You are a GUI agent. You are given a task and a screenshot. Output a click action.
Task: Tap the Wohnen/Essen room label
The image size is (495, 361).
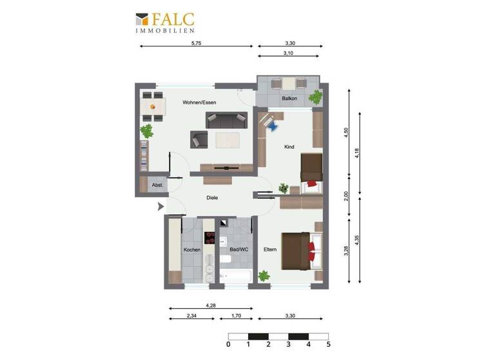[199, 102]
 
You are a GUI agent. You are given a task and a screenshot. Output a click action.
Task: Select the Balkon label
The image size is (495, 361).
[289, 99]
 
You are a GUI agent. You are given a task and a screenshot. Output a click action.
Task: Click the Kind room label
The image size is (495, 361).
[289, 147]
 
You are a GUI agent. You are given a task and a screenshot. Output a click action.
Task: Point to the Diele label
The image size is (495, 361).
[212, 198]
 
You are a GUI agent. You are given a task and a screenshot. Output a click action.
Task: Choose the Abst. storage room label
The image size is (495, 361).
[157, 186]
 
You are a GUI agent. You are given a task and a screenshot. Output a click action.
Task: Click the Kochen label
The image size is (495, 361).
[192, 249]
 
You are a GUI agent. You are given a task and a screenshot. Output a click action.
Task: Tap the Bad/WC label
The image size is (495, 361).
[238, 249]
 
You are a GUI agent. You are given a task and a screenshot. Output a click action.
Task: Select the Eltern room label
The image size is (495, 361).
[270, 249]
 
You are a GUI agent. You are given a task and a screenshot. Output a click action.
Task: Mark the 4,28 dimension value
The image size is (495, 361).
[210, 306]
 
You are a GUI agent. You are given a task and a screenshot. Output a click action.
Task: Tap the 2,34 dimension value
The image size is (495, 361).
[192, 316]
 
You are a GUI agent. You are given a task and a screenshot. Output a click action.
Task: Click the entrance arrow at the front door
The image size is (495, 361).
[160, 206]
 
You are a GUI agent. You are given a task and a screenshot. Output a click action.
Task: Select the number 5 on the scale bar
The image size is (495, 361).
[329, 344]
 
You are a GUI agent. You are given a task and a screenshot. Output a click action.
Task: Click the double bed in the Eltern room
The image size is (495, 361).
[298, 248]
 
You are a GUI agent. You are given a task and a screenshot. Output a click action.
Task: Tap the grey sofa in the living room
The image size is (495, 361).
[226, 119]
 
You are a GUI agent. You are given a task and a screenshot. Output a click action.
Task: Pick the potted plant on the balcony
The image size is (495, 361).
[315, 97]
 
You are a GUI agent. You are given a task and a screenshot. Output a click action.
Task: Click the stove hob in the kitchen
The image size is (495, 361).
[209, 237]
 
